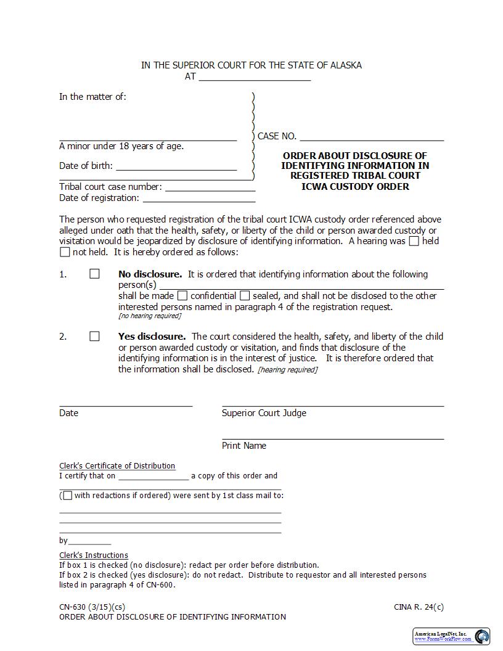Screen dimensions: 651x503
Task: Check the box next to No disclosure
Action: (x=94, y=274)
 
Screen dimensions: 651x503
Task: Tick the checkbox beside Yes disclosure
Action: (x=94, y=336)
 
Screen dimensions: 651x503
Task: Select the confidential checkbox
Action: (x=182, y=295)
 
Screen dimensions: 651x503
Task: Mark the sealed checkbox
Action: (x=245, y=295)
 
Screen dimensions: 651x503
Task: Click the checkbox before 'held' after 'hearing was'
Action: (x=414, y=241)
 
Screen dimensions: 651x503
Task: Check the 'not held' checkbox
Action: (x=65, y=252)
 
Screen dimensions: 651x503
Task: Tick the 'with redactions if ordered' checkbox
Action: (x=67, y=495)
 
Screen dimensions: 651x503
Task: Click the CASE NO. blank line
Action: (x=372, y=136)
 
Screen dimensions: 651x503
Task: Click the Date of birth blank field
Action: (x=176, y=166)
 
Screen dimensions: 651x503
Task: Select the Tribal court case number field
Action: (x=210, y=187)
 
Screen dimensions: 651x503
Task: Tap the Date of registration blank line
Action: (x=198, y=198)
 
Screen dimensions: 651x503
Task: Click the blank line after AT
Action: (x=255, y=77)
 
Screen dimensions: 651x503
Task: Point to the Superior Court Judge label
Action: (x=264, y=413)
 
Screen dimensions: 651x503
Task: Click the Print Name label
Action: (x=244, y=446)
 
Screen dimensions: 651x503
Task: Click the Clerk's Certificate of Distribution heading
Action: (x=117, y=466)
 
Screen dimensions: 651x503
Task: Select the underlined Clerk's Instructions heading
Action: (x=94, y=555)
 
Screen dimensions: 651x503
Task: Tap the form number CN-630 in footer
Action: (x=72, y=607)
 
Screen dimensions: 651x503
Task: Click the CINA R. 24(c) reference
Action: (x=419, y=607)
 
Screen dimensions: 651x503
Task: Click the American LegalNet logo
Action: (x=451, y=636)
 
